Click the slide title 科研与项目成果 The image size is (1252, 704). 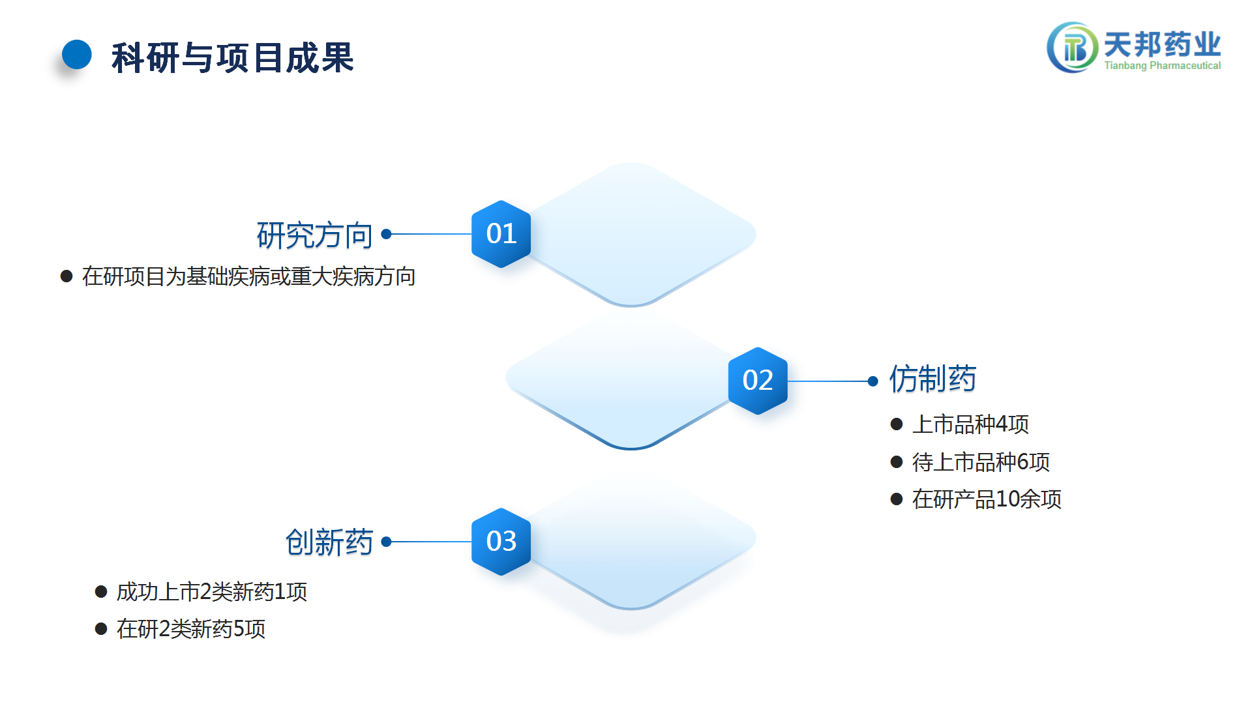tap(233, 57)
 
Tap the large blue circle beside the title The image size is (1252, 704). tap(77, 55)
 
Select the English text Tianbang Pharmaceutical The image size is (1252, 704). tap(1162, 65)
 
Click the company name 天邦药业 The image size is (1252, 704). tap(1162, 44)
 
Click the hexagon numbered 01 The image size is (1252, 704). tap(501, 234)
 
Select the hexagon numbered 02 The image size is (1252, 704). tap(758, 381)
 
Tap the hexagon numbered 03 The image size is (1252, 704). tap(501, 542)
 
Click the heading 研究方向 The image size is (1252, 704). tap(314, 235)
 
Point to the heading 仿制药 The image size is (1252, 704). tap(932, 379)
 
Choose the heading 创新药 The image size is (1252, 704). tap(329, 542)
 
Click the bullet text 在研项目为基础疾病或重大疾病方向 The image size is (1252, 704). tap(249, 276)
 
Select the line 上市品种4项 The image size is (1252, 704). tap(970, 424)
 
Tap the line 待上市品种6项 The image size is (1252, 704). tap(981, 462)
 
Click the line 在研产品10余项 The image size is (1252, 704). tap(987, 499)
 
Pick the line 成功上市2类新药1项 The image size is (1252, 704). tap(212, 592)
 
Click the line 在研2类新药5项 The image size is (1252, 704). tap(191, 629)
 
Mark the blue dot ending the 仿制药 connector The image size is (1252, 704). tap(873, 381)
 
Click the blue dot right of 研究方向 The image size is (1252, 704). tap(386, 234)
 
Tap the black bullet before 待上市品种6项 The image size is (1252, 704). tap(897, 462)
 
